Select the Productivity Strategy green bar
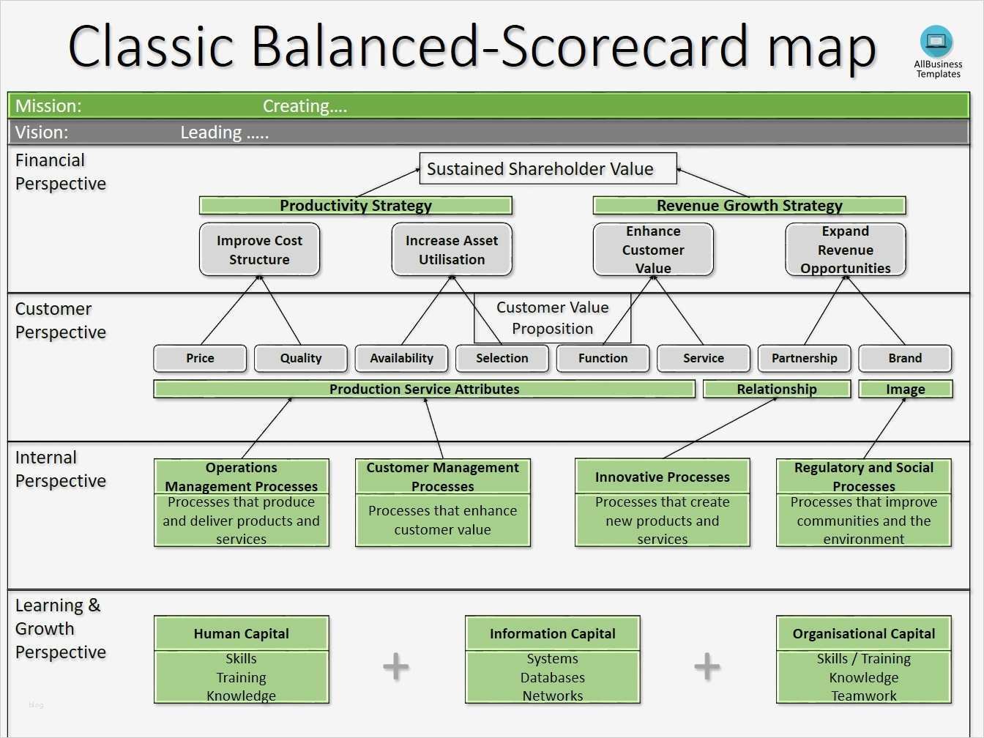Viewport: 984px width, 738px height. [356, 206]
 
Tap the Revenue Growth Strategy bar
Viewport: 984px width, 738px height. [749, 206]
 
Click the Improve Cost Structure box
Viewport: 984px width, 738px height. [259, 250]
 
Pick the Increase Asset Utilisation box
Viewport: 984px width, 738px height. [452, 250]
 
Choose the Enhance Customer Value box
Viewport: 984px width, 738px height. [653, 250]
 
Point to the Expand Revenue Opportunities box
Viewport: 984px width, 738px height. [846, 250]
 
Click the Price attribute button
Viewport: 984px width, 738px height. [200, 358]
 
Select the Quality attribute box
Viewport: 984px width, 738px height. [301, 358]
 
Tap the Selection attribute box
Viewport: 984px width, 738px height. [502, 358]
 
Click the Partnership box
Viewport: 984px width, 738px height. [804, 358]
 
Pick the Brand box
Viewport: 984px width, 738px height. [905, 358]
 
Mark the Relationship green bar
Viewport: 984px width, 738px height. [777, 389]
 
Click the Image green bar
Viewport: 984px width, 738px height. [906, 389]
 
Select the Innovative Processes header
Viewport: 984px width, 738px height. [663, 477]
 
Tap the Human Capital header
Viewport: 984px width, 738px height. [242, 633]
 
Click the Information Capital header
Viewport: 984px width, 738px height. [553, 633]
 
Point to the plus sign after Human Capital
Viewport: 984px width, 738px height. [396, 666]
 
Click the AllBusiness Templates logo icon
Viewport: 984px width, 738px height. [937, 42]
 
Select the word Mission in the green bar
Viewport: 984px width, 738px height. [48, 106]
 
